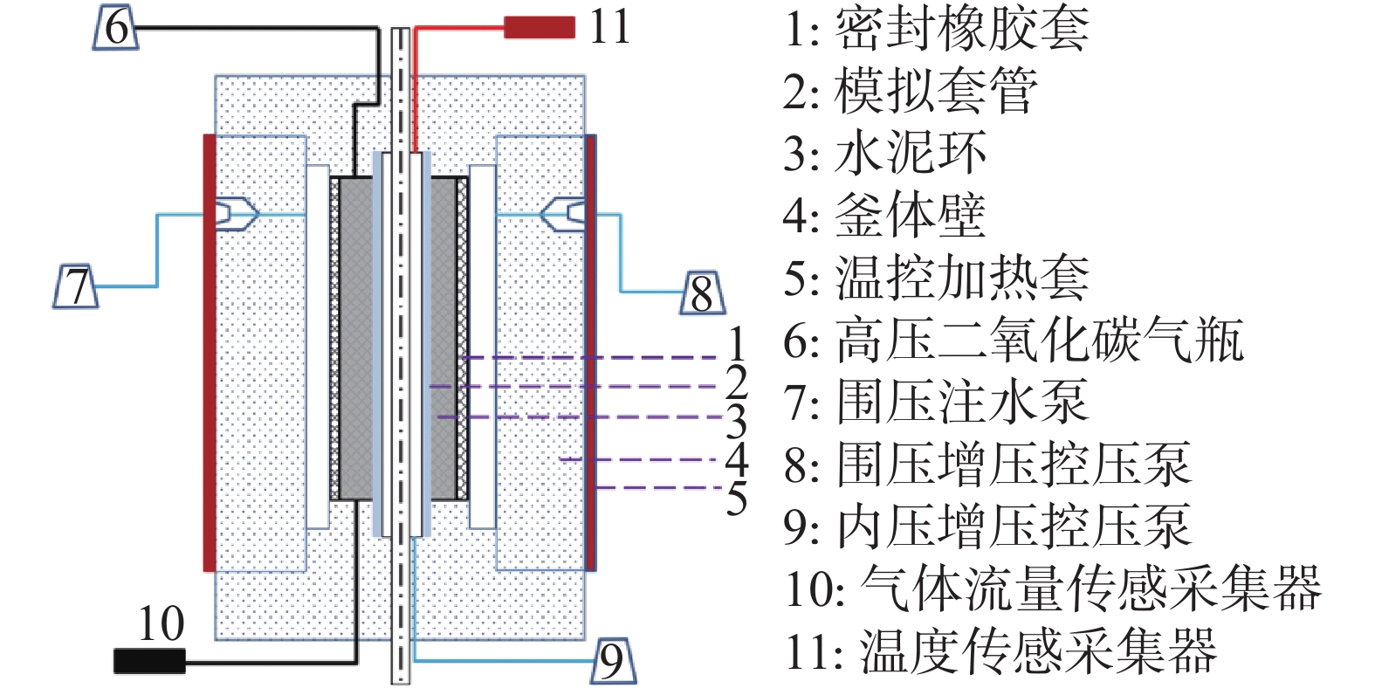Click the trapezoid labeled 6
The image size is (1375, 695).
[x=115, y=27]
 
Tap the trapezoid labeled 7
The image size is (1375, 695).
[x=77, y=286]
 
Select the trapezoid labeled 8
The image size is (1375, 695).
[x=703, y=293]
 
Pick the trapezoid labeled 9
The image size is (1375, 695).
[x=613, y=661]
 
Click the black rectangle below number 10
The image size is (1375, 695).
[x=149, y=662]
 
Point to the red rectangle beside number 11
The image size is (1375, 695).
[x=540, y=28]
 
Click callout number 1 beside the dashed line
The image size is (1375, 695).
[x=738, y=344]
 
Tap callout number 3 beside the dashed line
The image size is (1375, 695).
[x=738, y=422]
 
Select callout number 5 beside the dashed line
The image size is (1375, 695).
[x=738, y=499]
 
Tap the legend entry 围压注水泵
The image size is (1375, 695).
[x=936, y=403]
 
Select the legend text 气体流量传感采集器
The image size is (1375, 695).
[x=1054, y=588]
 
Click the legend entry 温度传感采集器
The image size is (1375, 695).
[x=1001, y=651]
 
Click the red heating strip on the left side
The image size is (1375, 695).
[x=209, y=353]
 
